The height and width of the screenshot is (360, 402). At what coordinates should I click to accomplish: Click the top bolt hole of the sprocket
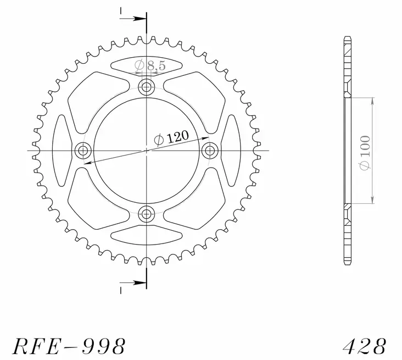(x=147, y=86)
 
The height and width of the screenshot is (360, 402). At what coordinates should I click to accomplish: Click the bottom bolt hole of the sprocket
(x=147, y=214)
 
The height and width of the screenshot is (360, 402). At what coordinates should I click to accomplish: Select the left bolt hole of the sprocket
(x=83, y=150)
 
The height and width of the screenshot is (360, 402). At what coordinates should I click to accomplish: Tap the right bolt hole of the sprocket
(x=210, y=150)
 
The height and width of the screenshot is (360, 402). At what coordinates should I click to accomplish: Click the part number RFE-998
(x=69, y=346)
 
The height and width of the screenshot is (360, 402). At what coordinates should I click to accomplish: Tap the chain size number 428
(x=364, y=346)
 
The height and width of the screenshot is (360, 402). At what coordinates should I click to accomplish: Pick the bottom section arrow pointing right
(x=133, y=284)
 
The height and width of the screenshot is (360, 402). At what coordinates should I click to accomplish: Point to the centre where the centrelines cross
(x=147, y=150)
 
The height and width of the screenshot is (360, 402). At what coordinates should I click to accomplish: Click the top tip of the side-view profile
(x=347, y=37)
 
